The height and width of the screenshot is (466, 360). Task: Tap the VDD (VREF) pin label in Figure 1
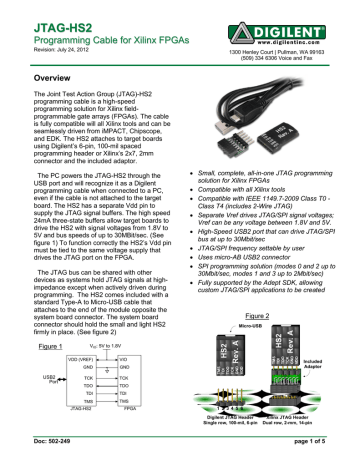[x=63, y=358]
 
